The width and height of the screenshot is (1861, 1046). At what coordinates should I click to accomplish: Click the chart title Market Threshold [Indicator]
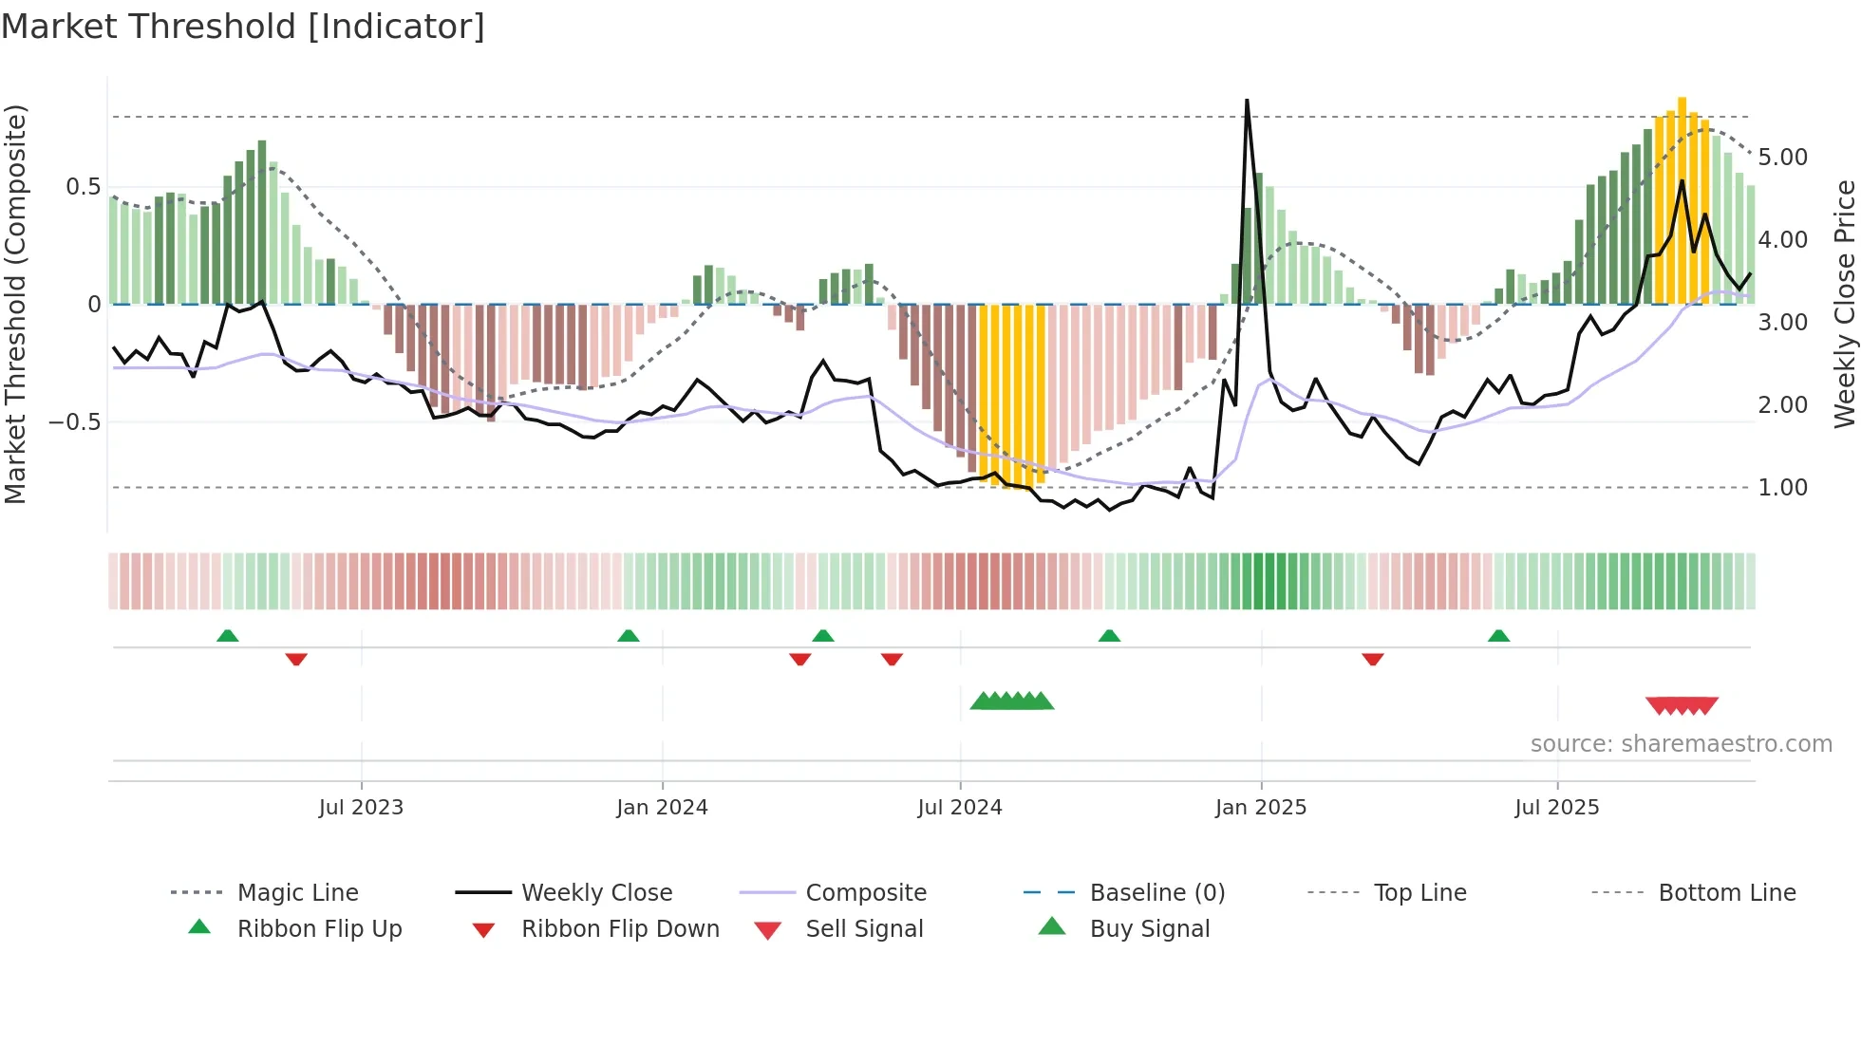(x=243, y=27)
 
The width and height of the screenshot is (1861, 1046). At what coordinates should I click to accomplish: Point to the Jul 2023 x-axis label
(x=361, y=808)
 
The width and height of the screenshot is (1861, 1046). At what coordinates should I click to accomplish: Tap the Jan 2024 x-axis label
(x=662, y=808)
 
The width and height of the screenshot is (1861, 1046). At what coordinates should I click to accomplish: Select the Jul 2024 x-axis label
(x=960, y=808)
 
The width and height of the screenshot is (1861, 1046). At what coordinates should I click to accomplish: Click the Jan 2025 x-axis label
(x=1261, y=808)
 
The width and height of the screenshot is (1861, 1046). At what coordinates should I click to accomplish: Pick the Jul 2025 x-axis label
(x=1557, y=808)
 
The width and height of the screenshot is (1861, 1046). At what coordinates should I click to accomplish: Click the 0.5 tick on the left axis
(x=83, y=187)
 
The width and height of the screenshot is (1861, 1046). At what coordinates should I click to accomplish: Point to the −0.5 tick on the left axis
(x=75, y=421)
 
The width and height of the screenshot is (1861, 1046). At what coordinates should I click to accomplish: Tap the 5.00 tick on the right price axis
(x=1782, y=158)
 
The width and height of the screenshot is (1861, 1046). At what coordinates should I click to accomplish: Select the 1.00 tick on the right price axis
(x=1782, y=488)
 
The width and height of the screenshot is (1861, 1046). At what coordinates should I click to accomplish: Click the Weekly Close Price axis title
(x=1844, y=304)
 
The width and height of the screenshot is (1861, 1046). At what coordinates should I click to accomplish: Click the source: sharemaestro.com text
(x=1681, y=744)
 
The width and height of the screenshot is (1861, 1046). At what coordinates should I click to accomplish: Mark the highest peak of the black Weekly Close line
(x=1247, y=101)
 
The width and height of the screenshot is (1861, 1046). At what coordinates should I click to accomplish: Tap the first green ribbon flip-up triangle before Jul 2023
(x=227, y=636)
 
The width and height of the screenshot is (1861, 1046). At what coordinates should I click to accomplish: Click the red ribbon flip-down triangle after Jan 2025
(x=1372, y=659)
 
